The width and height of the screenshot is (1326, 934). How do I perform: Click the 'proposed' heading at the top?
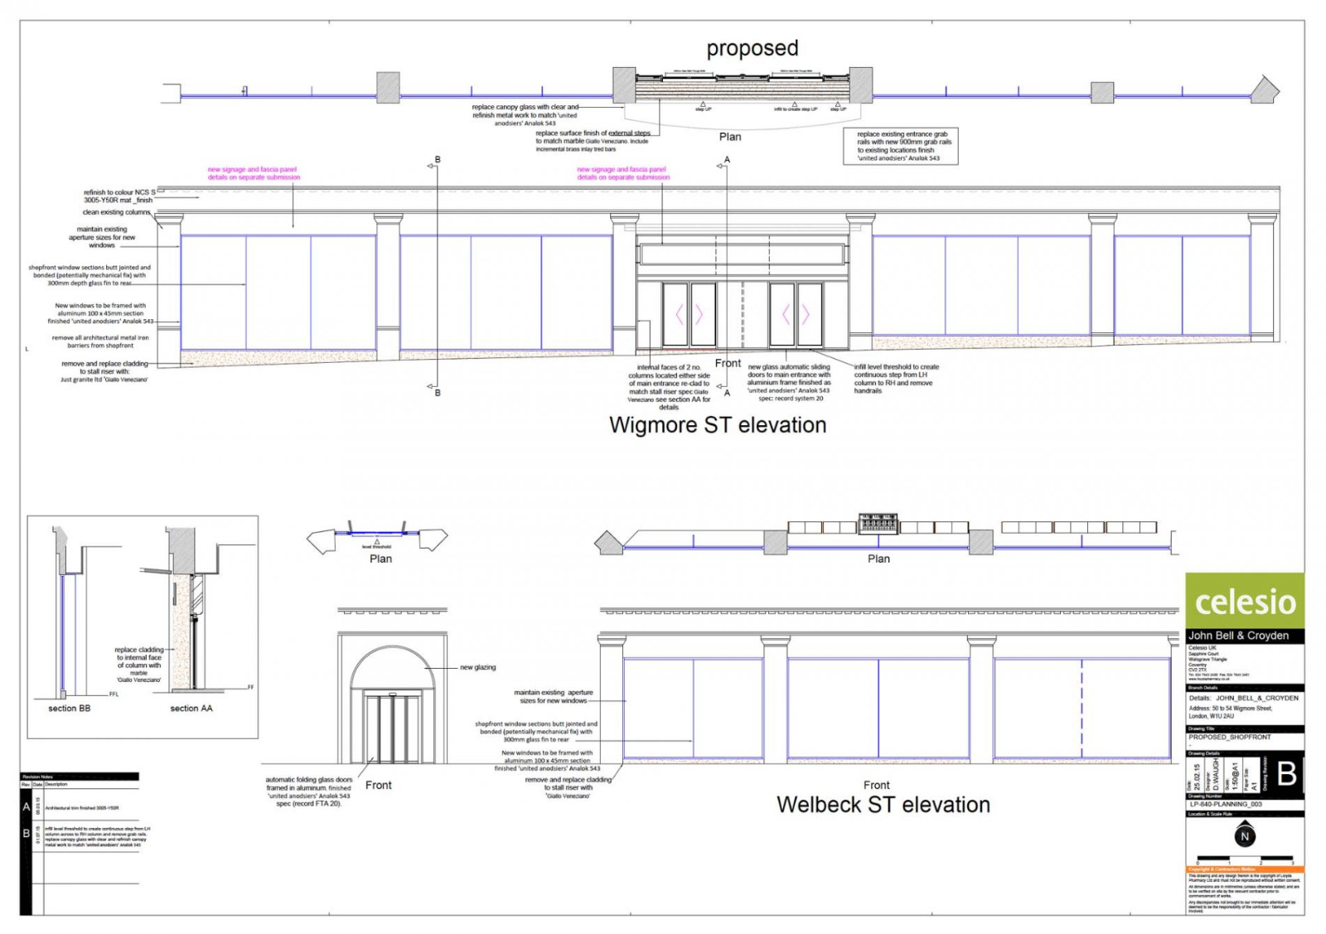click(x=752, y=48)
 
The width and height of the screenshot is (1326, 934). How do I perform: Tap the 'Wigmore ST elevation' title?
click(x=718, y=425)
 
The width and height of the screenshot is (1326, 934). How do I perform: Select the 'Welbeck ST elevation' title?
click(x=883, y=805)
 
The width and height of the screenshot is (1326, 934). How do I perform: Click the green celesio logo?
click(x=1245, y=601)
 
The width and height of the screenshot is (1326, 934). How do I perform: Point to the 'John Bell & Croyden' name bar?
click(x=1238, y=636)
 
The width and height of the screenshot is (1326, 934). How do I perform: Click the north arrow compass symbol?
click(x=1244, y=836)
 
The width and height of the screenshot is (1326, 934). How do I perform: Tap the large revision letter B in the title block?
click(x=1286, y=774)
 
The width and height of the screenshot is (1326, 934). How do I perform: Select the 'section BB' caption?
click(x=70, y=709)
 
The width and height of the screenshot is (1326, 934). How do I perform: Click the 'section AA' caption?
click(x=191, y=709)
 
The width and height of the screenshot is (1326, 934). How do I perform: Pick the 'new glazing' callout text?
click(x=478, y=667)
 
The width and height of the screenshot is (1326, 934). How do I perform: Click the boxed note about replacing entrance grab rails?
click(x=901, y=146)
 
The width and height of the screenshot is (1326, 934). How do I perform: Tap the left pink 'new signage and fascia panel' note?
click(x=254, y=173)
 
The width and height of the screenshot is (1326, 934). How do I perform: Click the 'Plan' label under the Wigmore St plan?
click(x=730, y=137)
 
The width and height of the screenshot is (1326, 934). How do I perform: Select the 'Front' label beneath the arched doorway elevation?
click(x=379, y=785)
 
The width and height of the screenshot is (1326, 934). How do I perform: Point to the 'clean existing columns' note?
click(x=116, y=212)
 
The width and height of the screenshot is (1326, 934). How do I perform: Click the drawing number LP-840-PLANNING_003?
click(x=1226, y=804)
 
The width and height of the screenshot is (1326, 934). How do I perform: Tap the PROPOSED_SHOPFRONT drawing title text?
click(x=1229, y=737)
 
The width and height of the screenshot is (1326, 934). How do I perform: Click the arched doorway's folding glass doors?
click(x=393, y=728)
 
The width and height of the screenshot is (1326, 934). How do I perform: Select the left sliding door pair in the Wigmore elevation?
click(x=689, y=315)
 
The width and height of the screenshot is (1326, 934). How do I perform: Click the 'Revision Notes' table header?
click(x=37, y=777)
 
